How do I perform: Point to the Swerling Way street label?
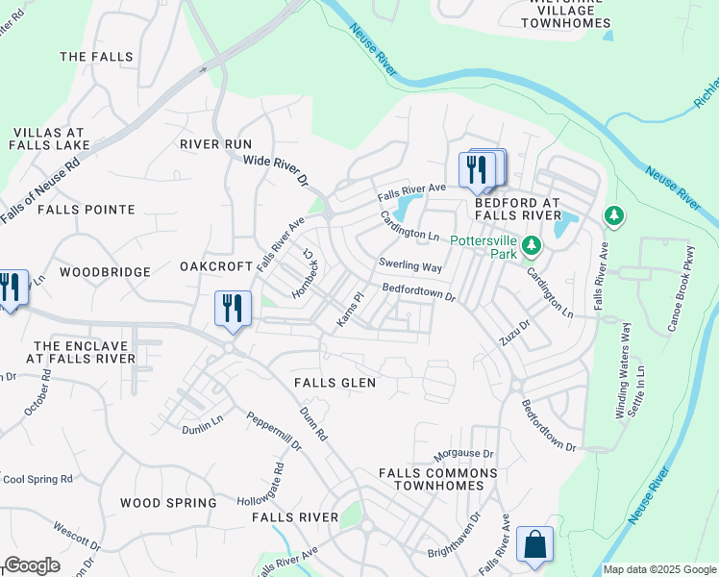click(x=410, y=265)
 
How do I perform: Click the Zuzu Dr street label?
click(x=514, y=334)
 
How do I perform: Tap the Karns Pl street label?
click(x=348, y=311)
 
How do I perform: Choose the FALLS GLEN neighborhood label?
click(x=335, y=383)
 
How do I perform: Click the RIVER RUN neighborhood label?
click(x=215, y=144)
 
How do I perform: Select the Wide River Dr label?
click(x=274, y=171)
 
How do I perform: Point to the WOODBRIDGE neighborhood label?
click(x=105, y=272)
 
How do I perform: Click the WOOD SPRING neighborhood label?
click(x=168, y=503)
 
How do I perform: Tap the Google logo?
click(x=32, y=565)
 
